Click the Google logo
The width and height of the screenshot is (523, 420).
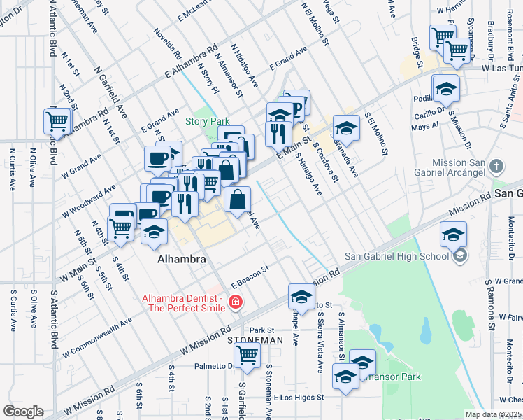pos(23,412)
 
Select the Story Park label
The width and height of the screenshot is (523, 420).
pos(207,121)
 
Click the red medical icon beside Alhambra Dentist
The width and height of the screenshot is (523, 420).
pos(236,302)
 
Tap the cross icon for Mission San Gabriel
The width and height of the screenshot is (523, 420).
pos(496,167)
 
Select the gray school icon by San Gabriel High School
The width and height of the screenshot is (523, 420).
pos(460,256)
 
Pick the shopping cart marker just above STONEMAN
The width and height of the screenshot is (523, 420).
pos(248,355)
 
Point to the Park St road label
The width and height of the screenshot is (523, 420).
pos(261,330)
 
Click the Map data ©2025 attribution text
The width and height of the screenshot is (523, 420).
pos(494,414)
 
